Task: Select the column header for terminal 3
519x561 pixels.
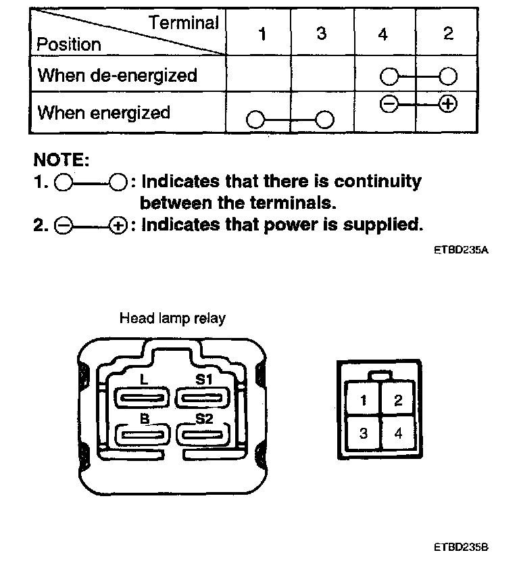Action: [321, 34]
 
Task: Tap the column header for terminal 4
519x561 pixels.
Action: [383, 34]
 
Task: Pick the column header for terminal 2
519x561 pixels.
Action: [448, 34]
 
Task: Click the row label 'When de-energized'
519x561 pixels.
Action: [117, 75]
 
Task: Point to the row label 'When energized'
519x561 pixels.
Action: [103, 112]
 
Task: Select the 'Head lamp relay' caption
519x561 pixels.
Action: [172, 318]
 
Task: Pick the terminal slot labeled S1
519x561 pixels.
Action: [204, 397]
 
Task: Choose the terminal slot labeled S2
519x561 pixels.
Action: [204, 435]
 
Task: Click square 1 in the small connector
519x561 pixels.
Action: [364, 399]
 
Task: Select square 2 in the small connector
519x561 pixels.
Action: [398, 399]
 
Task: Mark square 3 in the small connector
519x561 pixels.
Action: [364, 433]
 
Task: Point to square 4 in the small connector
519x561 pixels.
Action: [398, 433]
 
